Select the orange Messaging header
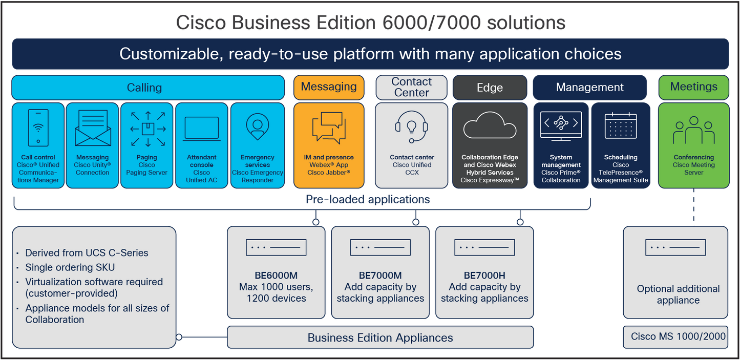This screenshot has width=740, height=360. click(x=328, y=87)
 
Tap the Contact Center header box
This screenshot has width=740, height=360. click(x=412, y=87)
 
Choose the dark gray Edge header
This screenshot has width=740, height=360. click(x=490, y=88)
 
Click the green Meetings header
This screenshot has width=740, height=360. click(x=693, y=87)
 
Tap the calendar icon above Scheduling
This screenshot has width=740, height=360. click(x=620, y=126)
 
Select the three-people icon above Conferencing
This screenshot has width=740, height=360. click(x=693, y=130)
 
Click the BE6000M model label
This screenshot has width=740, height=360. click(x=276, y=276)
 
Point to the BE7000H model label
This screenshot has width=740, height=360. click(x=484, y=276)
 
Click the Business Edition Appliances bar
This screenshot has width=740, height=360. click(x=380, y=338)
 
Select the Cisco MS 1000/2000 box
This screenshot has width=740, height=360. click(x=678, y=336)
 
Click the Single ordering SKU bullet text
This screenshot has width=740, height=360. click(x=70, y=267)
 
